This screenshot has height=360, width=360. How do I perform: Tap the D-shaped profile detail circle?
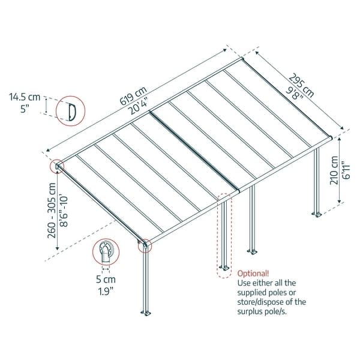69,111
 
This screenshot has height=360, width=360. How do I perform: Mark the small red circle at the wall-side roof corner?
58,165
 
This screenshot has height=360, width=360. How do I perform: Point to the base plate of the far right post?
315,213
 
